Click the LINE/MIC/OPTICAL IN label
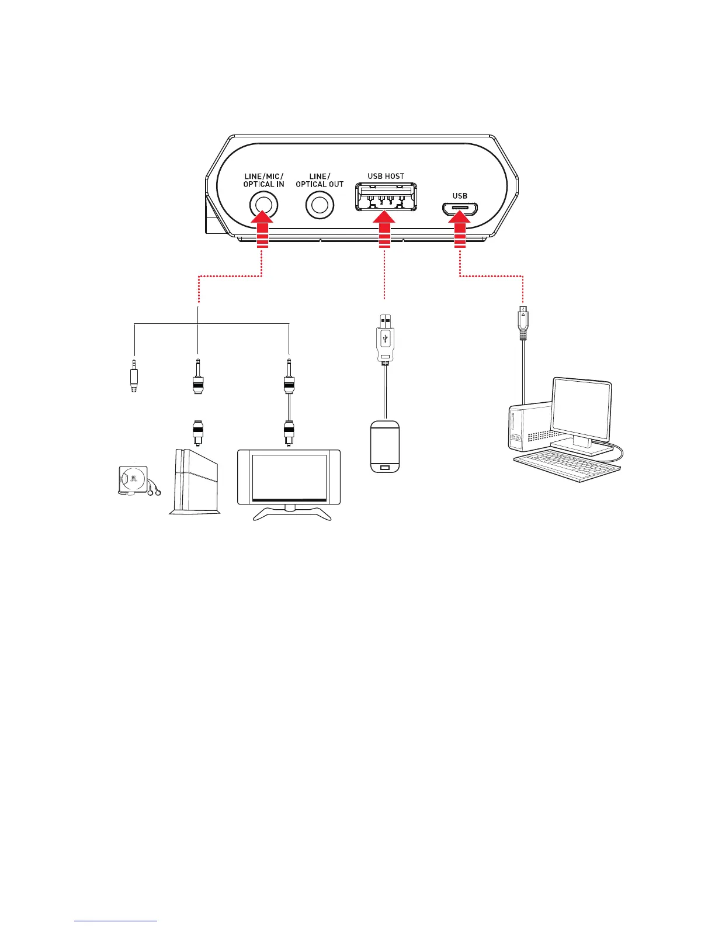click(263, 180)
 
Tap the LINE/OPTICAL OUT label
click(320, 180)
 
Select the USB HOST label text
click(386, 176)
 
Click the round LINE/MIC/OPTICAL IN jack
click(263, 205)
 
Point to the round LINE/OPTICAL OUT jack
click(320, 205)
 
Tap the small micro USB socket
click(460, 209)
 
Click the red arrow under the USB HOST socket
click(384, 231)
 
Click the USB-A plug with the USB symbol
click(384, 339)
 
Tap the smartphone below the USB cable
click(385, 445)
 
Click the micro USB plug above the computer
click(523, 319)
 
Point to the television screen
click(289, 476)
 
